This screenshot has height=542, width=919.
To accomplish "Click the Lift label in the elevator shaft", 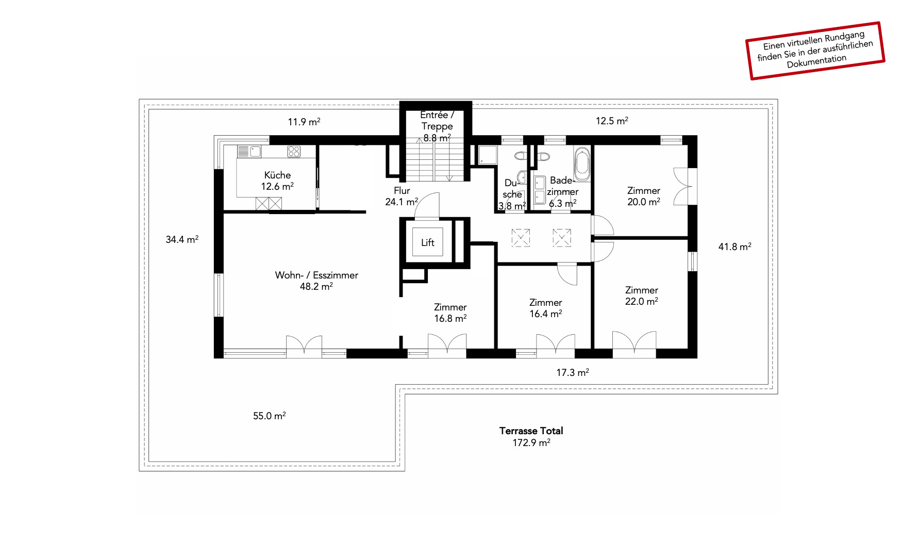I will coord(428,242).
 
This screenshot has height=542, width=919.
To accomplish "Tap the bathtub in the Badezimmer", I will coord(582,163).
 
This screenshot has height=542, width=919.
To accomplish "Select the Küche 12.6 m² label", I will coord(277,180).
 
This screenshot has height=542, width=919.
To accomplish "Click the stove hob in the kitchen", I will coord(294,151).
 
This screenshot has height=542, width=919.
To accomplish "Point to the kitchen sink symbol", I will coord(255,151).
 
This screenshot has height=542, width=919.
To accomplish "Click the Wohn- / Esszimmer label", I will coord(316,281).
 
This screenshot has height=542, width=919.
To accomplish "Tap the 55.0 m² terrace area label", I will coord(269,416).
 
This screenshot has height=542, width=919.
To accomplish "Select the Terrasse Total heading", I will coord(531,431).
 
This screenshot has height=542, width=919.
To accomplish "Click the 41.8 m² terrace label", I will coord(734,247).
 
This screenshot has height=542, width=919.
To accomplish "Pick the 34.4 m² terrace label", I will coord(182,239).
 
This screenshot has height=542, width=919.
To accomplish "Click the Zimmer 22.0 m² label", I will coord(642,295).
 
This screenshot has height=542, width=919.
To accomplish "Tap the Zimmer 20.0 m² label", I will coord(644,196).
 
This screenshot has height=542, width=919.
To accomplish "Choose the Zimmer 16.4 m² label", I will coord(546,308).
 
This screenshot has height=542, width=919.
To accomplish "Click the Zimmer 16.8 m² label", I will coord(450,313).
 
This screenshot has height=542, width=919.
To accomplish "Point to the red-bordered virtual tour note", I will coord(815,51).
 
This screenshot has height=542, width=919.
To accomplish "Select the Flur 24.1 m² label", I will coord(402,196).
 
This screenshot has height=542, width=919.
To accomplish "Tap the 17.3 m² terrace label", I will coord(573,372).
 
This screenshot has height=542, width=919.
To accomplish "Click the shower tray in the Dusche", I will coord(488,155).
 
